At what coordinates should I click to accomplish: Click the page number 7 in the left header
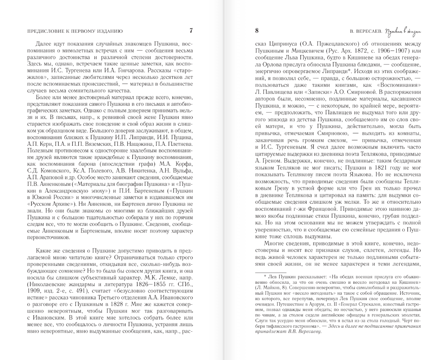[x=191, y=31]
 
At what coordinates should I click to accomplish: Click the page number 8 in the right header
[x=257, y=31]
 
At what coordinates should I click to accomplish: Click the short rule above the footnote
[x=270, y=272]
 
